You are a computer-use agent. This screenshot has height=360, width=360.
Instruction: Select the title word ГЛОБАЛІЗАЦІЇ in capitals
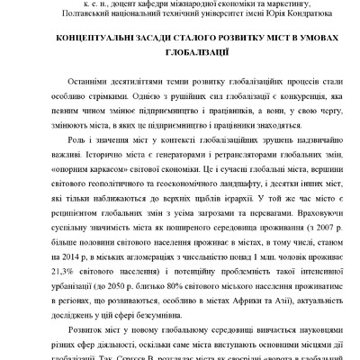coord(180,55)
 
